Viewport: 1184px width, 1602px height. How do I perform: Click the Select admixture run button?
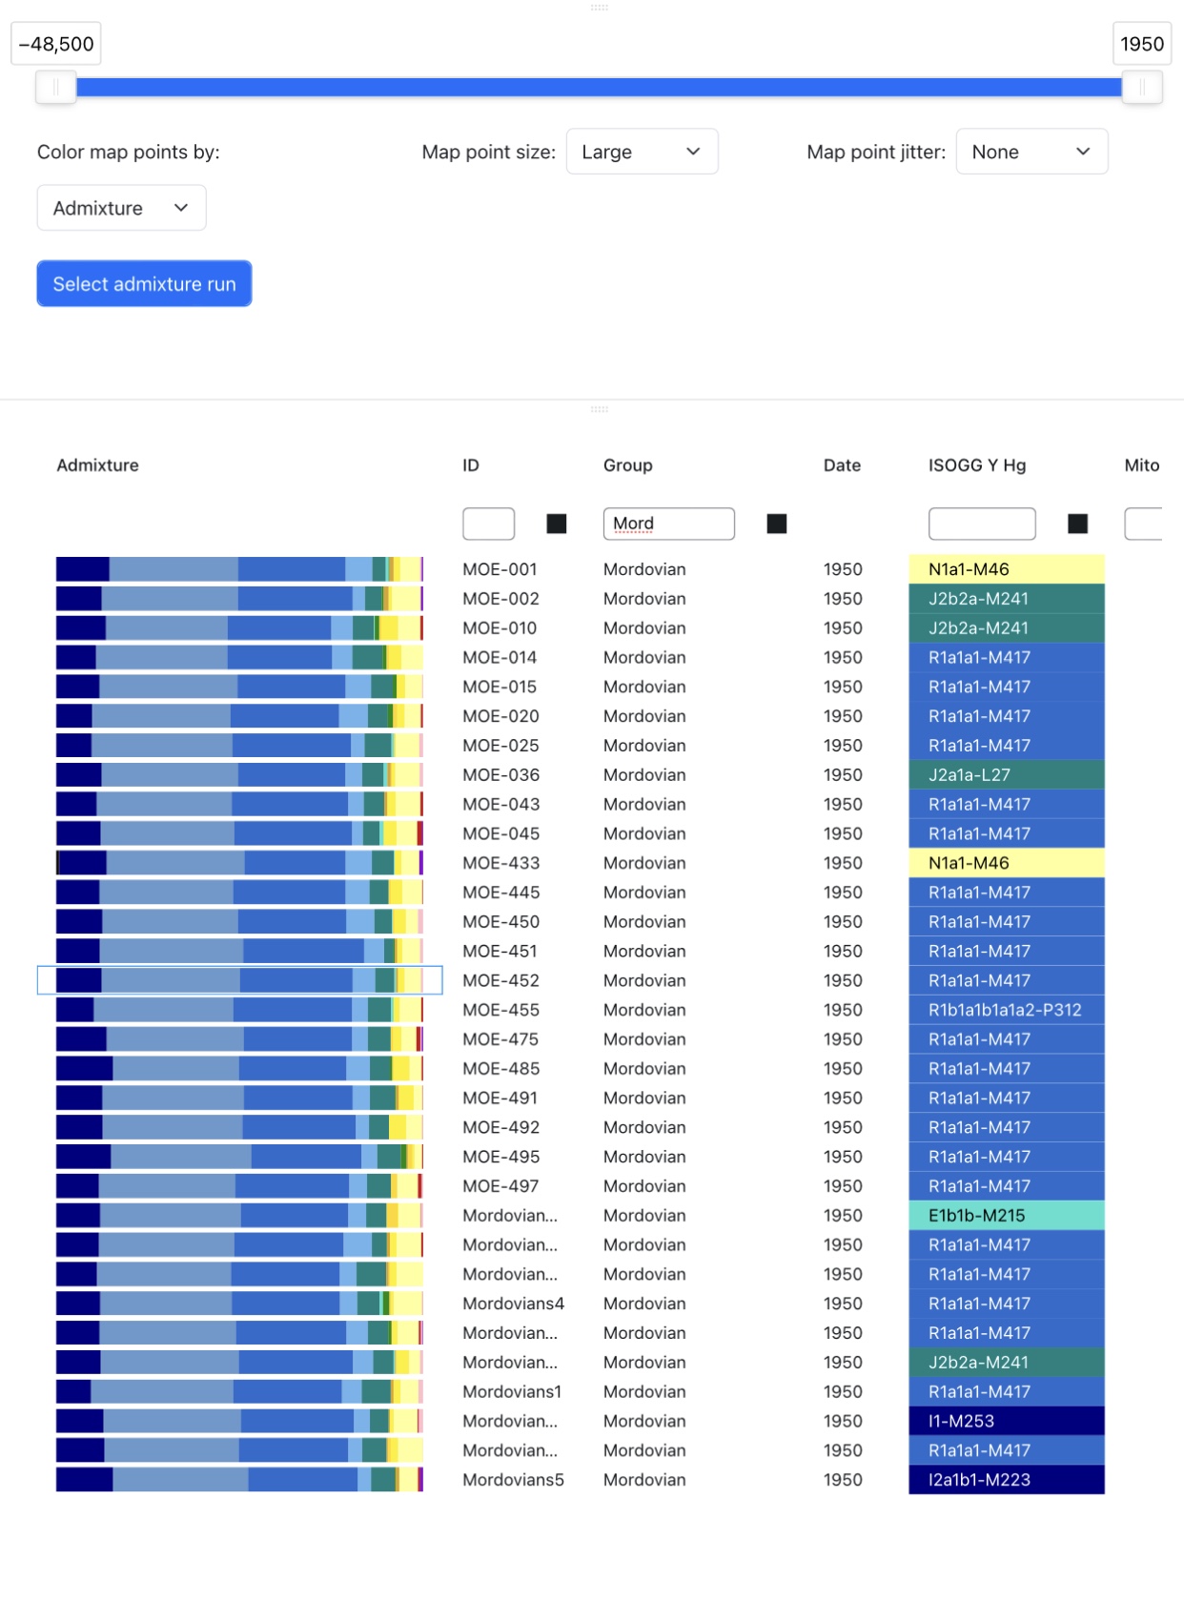coord(144,284)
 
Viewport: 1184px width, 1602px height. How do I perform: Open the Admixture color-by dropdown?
coord(121,208)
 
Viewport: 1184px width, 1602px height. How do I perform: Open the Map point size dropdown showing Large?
coord(642,152)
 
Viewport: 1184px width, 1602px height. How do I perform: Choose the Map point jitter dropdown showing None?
coord(1031,152)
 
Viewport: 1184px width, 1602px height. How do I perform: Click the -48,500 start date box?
coord(56,44)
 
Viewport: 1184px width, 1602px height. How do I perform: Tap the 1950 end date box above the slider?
coord(1141,44)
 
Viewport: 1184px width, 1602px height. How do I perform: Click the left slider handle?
coord(56,88)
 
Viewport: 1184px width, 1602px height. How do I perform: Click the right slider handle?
coord(1141,88)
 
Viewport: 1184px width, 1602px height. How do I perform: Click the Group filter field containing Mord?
coord(668,524)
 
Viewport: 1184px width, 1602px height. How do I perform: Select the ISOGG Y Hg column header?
coord(976,465)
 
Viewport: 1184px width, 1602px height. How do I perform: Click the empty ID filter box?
coord(488,524)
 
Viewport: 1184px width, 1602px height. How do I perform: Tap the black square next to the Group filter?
coord(777,524)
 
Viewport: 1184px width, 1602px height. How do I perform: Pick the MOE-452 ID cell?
coord(500,980)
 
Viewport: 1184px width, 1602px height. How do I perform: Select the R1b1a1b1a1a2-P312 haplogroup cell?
coord(1006,1010)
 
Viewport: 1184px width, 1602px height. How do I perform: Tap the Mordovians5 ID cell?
coord(513,1480)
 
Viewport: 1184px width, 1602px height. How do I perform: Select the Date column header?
coord(842,465)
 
